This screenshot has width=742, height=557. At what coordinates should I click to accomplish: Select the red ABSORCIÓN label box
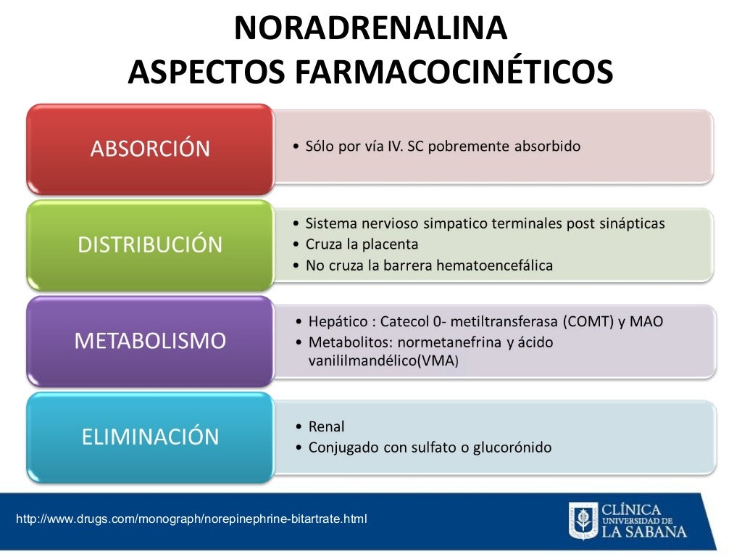click(x=150, y=149)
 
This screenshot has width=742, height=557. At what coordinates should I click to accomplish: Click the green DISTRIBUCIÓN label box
click(x=150, y=245)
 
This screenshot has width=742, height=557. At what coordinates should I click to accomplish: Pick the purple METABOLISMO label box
click(x=150, y=340)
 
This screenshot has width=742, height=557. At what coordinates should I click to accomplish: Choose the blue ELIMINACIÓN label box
click(x=150, y=437)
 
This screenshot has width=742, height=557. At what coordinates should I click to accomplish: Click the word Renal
click(x=327, y=427)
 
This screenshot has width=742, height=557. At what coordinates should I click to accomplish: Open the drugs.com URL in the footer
click(x=191, y=519)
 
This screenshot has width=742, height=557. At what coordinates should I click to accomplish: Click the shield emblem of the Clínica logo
click(x=583, y=520)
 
